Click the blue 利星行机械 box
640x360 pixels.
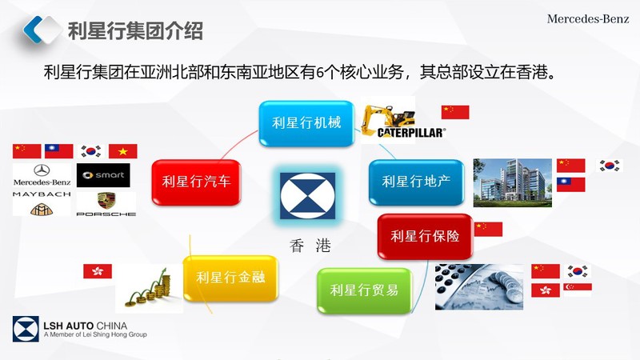point(306,123)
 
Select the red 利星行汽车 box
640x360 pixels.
point(196,182)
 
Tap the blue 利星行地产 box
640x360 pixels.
point(416,182)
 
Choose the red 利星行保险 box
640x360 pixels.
point(425,236)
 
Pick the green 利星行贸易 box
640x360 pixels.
point(364,290)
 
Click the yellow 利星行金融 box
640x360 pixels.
point(230,278)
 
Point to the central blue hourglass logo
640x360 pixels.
point(308,196)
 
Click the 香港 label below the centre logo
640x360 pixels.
point(310,246)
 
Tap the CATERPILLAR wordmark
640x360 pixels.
point(411,133)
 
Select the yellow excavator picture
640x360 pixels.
point(388,118)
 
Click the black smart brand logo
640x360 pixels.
point(103,175)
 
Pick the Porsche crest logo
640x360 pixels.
point(106,201)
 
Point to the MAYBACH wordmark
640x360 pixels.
point(42,194)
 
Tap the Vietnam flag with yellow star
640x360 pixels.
point(123,151)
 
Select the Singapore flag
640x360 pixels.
point(578,290)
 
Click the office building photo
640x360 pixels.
point(513,183)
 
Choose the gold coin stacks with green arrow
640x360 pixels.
point(149,288)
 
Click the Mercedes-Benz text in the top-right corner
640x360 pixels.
point(588,18)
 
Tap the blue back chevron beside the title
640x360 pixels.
point(34,30)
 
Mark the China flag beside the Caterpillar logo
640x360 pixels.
point(455,112)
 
